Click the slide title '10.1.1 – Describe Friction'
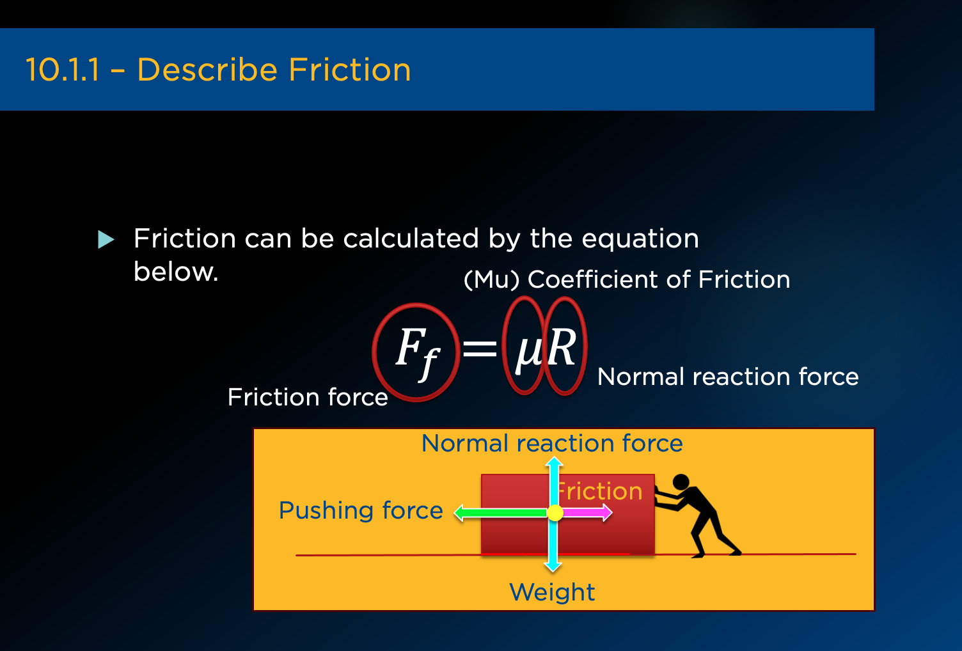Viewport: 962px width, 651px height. click(x=218, y=70)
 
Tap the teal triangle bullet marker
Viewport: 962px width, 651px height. click(x=106, y=240)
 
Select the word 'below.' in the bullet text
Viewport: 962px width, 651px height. click(x=176, y=272)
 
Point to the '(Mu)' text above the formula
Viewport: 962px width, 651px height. click(x=491, y=280)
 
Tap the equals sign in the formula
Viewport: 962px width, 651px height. click(x=480, y=348)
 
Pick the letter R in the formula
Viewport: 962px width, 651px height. click(x=561, y=347)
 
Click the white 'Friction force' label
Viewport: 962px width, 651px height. click(x=308, y=396)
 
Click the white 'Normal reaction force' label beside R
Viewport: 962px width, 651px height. click(x=728, y=377)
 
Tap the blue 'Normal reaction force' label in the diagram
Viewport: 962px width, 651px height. click(x=552, y=443)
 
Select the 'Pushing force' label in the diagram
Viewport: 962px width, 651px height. click(x=361, y=510)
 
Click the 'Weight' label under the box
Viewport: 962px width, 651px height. click(x=552, y=592)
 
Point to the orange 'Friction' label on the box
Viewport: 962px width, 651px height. click(x=600, y=491)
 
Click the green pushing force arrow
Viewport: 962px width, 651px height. click(x=501, y=513)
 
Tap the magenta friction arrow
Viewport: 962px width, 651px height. click(x=587, y=512)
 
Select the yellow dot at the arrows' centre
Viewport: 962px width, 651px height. click(x=555, y=513)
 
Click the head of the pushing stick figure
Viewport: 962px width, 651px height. click(x=681, y=482)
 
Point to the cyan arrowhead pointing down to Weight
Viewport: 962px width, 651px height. click(x=553, y=567)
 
